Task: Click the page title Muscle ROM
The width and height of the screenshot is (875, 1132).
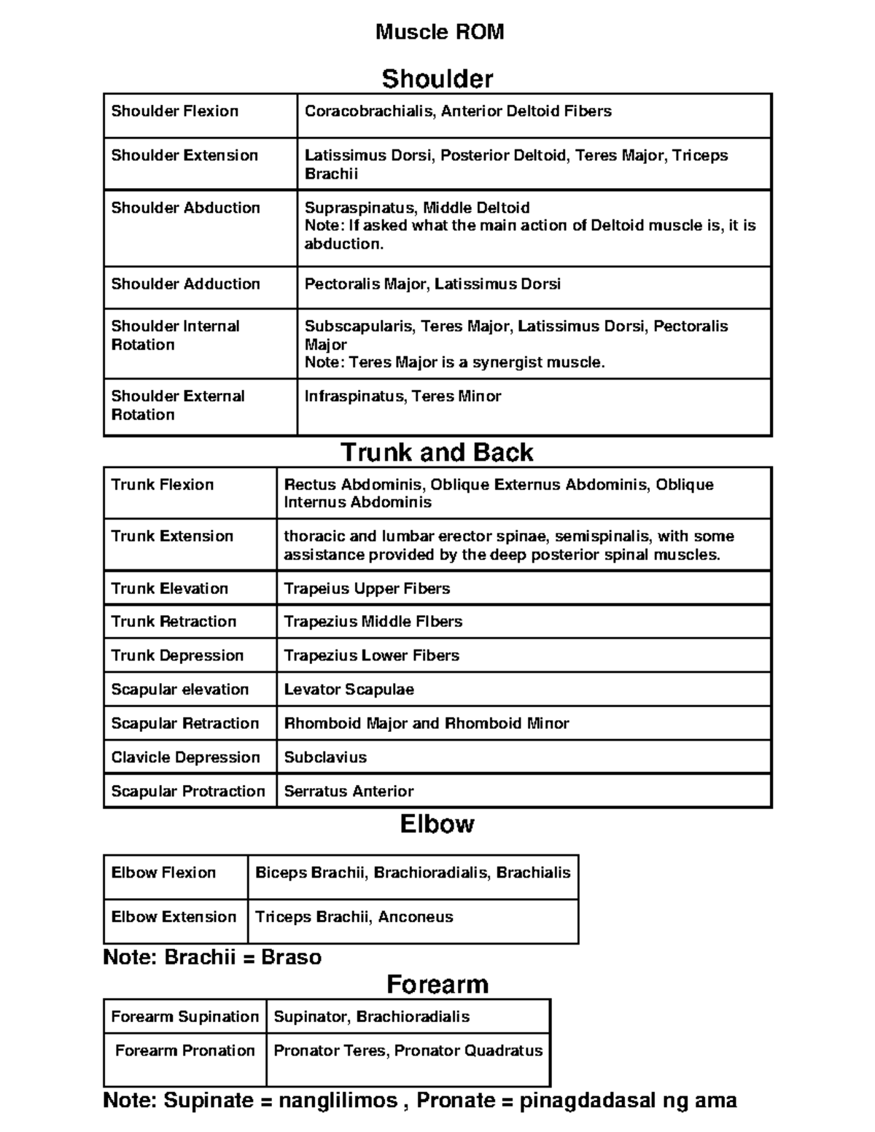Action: point(439,32)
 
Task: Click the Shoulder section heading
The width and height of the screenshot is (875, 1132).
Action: point(437,79)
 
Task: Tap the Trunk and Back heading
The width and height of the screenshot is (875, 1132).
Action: point(437,453)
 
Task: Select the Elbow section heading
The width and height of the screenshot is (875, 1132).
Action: point(437,824)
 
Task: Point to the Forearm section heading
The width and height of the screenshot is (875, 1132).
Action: point(437,985)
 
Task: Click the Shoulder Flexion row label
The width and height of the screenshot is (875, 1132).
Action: point(175,112)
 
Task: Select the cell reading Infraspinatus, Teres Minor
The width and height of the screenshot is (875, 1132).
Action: point(402,397)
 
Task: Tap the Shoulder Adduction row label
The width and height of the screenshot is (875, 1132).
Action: point(185,284)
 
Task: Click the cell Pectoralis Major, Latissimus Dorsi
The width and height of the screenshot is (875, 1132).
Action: point(432,284)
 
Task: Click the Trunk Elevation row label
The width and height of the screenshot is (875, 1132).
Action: point(169,589)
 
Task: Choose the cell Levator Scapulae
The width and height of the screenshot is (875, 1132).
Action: point(349,690)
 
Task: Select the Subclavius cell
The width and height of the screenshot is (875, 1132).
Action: point(325,757)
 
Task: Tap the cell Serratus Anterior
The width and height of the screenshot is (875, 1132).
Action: point(349,792)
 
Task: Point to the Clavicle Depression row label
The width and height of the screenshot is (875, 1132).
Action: point(185,757)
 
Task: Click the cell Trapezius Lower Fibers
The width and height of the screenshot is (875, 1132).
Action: point(371,655)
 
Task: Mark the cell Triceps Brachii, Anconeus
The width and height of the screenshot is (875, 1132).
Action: point(354,917)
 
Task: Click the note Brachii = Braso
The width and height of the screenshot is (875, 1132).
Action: point(212,957)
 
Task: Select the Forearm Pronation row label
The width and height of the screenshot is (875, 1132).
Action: point(185,1050)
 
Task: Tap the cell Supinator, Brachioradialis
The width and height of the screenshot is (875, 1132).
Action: point(371,1017)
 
